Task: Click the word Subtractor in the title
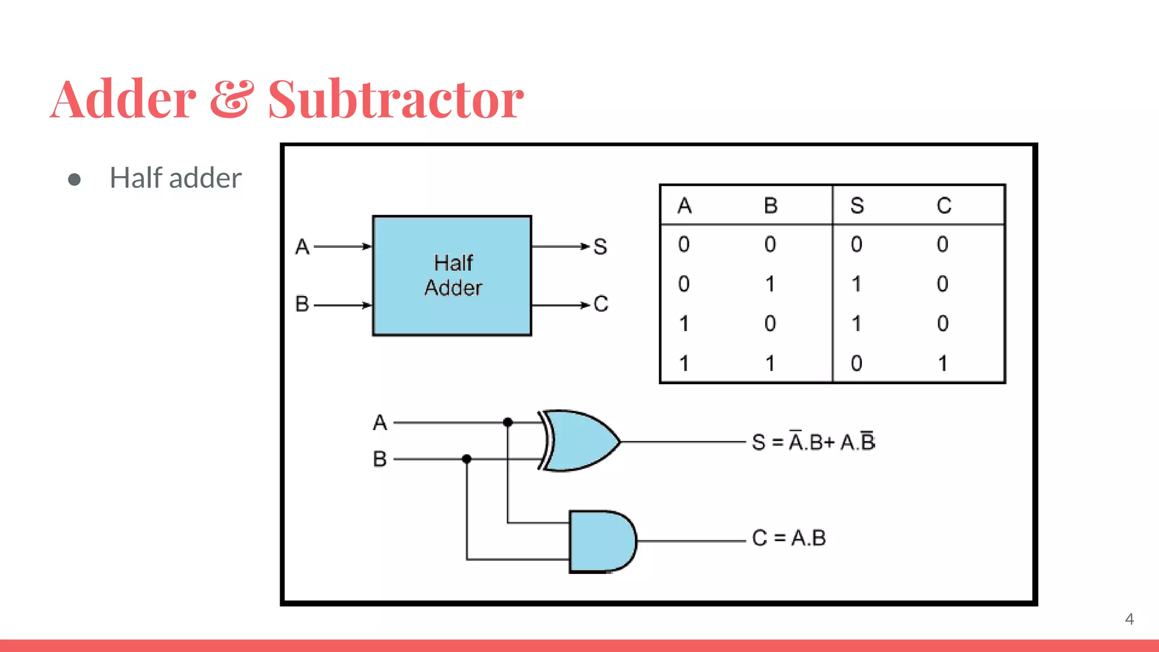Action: (396, 100)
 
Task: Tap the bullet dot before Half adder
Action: (74, 179)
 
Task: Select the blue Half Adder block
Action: (452, 276)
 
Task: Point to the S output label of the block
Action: (600, 247)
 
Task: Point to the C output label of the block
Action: (601, 304)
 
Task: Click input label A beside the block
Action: (302, 247)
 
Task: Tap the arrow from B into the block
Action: (343, 305)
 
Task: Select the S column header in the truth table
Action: (857, 205)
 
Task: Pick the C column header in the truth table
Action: (943, 205)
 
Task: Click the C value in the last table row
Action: (943, 363)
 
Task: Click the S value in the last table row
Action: (856, 363)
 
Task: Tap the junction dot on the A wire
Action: (508, 422)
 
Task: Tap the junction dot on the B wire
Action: (466, 459)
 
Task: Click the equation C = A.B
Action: (788, 538)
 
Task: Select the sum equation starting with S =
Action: (813, 441)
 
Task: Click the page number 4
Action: (1129, 619)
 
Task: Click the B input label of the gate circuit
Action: (380, 459)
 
